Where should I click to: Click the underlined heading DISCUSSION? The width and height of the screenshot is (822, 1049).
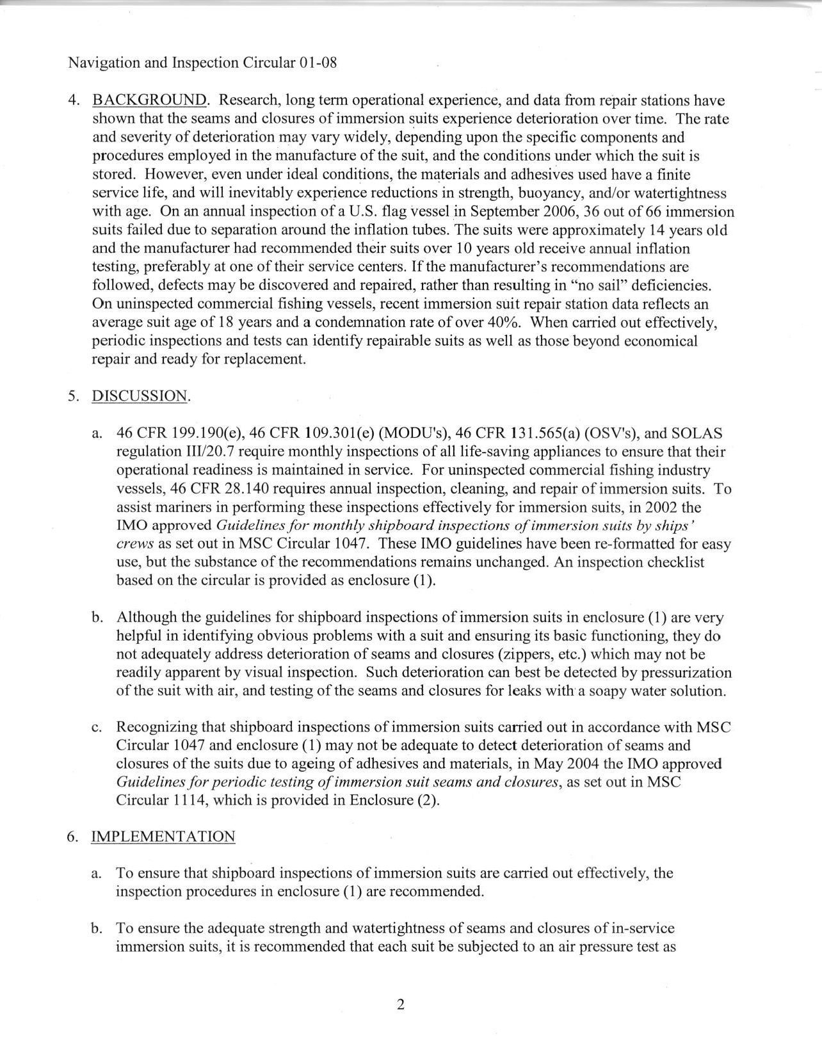coord(140,396)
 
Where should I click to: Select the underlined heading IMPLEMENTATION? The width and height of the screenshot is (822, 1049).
coord(163,837)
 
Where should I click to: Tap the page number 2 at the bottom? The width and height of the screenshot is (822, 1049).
coord(401,1004)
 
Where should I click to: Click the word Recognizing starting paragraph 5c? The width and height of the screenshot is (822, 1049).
coord(157,727)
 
